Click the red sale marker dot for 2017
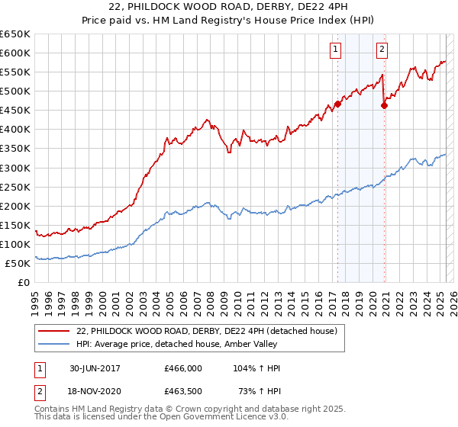tap(337, 104)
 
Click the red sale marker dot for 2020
tap(384, 105)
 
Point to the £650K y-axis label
tap(15, 34)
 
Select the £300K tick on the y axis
tap(15, 168)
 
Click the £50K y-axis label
tap(18, 263)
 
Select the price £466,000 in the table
tap(183, 368)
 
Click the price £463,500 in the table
tap(183, 392)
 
